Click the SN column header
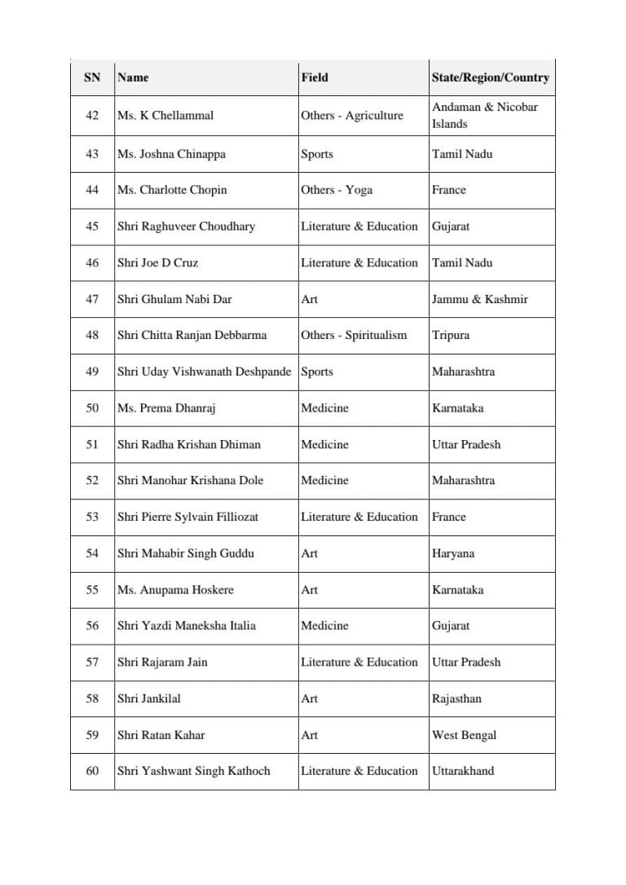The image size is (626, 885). pos(92,77)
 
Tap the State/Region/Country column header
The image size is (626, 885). pos(490,77)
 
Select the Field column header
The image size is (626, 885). pos(315,77)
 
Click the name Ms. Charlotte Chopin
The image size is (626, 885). pos(172,190)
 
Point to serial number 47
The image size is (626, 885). pos(92,299)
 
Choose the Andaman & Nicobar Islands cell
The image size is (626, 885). pos(485,115)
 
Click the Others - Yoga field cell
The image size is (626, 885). pos(337,190)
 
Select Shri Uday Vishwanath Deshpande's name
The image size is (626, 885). pos(204,372)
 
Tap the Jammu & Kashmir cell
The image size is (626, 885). pos(480,299)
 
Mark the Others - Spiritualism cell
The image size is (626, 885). pos(354,335)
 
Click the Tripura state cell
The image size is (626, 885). pos(451,335)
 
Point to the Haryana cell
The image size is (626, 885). pos(453,553)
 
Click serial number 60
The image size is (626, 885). pos(92,771)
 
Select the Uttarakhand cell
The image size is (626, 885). pos(463,771)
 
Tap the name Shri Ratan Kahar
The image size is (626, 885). pos(161,735)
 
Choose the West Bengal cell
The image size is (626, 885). pos(464,735)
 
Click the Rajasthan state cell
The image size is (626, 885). pos(456,698)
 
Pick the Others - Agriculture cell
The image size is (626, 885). pos(352,116)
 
